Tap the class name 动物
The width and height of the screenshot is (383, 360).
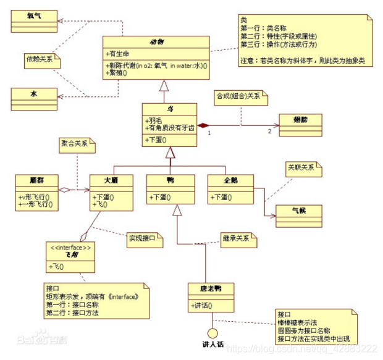(156, 42)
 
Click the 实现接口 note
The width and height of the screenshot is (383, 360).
(143, 237)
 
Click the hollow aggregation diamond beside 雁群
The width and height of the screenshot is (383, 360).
(67, 190)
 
